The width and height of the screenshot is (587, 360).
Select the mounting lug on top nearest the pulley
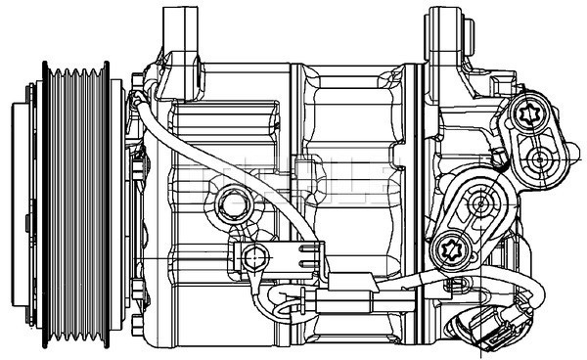pos(182,34)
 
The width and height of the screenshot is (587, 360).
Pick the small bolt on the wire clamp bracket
pos(254,258)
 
